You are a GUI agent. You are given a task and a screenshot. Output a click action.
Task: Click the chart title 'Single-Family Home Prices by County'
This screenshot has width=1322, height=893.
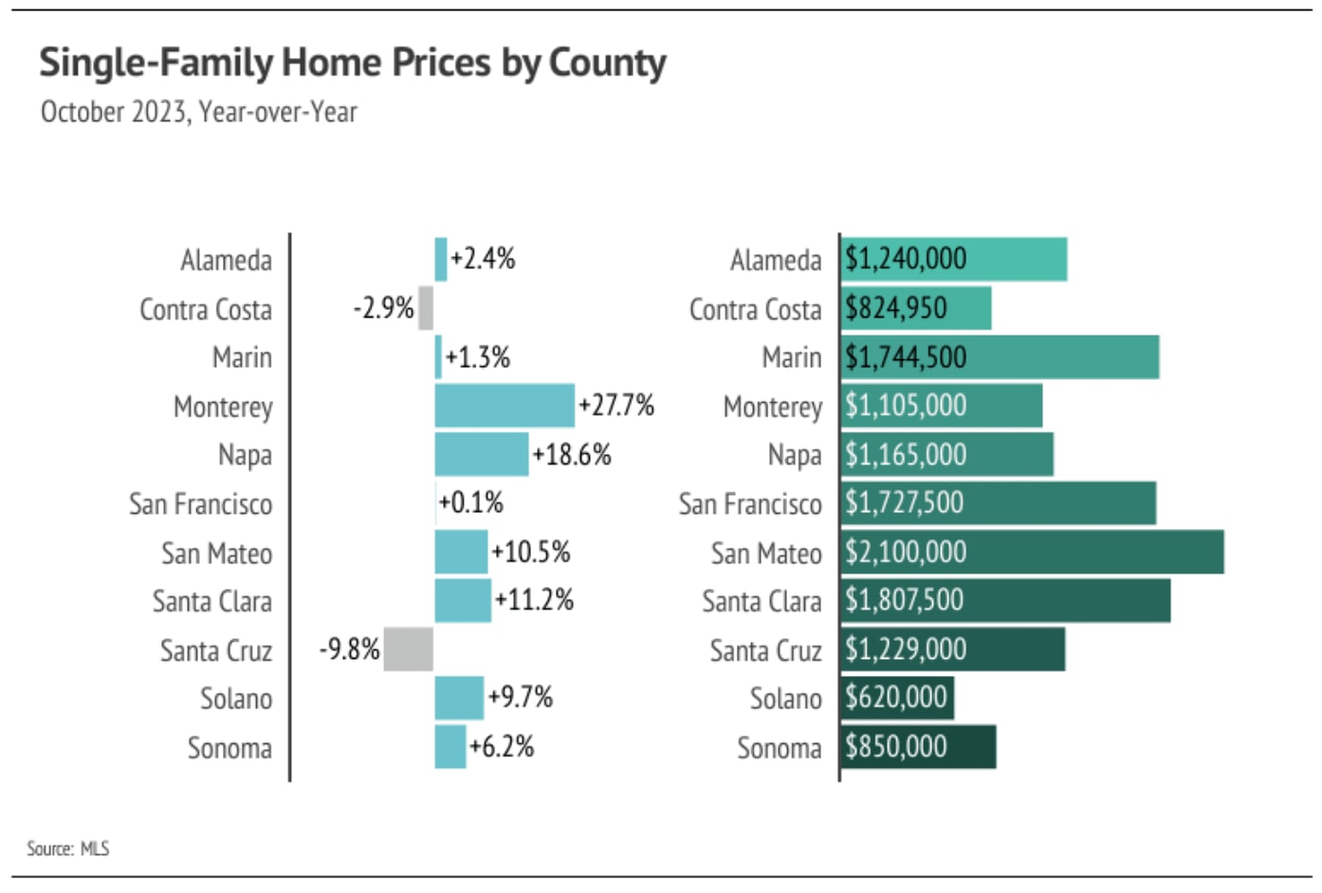pos(352,64)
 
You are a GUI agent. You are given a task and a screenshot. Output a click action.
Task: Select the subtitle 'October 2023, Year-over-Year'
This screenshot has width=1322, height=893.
pos(199,112)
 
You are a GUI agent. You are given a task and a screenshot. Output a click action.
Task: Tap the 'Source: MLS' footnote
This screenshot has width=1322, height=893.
pos(67,848)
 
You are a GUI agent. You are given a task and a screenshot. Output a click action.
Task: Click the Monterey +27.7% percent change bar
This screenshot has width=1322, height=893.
pos(505,406)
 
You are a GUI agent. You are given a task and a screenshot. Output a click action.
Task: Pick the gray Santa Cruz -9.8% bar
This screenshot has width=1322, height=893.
pos(409,649)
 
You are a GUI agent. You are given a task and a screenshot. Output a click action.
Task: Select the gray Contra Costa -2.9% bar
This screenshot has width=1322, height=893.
pos(426,308)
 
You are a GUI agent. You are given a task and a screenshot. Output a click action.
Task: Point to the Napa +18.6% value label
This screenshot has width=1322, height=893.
pos(572,455)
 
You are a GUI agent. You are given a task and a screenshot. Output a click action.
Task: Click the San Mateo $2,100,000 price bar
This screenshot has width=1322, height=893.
pos(1032,552)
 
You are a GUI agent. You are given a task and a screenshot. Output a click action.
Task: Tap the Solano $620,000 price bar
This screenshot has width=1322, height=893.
pos(897,698)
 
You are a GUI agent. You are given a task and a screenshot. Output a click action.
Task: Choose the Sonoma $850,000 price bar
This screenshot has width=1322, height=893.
pos(918,747)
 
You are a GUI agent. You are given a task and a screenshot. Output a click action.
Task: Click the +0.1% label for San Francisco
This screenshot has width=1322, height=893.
pos(471,502)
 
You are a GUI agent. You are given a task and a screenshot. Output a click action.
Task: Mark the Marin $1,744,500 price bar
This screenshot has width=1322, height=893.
pos(1000,357)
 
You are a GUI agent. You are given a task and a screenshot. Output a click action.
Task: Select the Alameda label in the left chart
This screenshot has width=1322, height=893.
pos(226,260)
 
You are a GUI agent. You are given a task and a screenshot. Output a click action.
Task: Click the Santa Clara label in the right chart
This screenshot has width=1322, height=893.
pos(762,601)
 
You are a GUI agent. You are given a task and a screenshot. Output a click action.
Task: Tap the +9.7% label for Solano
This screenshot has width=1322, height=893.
pos(520,698)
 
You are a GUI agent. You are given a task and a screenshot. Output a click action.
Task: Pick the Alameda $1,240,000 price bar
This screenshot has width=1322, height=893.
pos(953,260)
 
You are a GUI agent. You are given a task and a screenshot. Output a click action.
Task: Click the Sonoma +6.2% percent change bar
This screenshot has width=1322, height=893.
pos(450,747)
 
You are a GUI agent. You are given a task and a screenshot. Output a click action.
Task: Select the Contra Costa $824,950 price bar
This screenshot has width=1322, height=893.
pos(915,308)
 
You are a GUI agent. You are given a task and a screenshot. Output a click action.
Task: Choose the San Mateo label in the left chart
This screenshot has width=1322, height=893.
pos(216,553)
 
